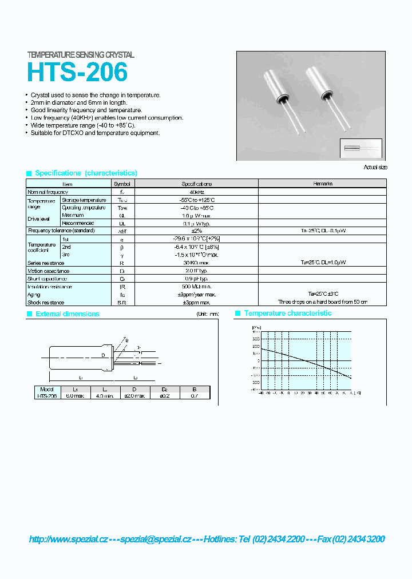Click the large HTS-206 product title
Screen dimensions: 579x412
tap(77, 73)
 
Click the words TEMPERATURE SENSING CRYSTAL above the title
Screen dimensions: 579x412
tap(81, 55)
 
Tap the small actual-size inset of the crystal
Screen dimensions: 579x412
tap(360, 148)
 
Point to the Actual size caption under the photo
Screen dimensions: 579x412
tap(375, 167)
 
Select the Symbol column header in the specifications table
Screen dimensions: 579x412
tap(122, 184)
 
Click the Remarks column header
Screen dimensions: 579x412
tap(323, 184)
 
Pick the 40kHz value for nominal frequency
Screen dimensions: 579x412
tap(197, 192)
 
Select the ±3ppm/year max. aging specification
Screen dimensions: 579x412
tap(197, 294)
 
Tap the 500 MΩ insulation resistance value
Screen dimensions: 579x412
tap(197, 286)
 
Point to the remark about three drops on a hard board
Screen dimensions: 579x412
tap(323, 302)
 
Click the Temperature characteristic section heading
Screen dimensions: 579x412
tap(288, 314)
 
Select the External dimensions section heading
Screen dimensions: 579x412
tap(67, 314)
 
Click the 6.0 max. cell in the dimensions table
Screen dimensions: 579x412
tap(75, 395)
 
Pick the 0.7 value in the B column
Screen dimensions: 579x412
tap(195, 395)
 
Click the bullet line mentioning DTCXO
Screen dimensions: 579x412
tap(95, 133)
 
